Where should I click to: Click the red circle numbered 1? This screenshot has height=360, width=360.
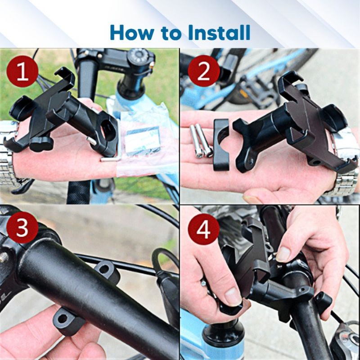click(22, 71)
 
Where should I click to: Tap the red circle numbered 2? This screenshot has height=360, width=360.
click(204, 71)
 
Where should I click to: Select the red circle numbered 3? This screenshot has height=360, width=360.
click(22, 228)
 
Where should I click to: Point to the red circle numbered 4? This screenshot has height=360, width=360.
click(204, 229)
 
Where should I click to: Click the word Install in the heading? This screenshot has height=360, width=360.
click(219, 32)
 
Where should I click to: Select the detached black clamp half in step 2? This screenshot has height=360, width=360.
click(221, 144)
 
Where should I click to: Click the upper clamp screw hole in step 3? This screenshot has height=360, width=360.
click(104, 269)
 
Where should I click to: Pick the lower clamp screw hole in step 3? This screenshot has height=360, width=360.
click(63, 319)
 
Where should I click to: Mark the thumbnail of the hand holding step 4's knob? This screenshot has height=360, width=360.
click(233, 297)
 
